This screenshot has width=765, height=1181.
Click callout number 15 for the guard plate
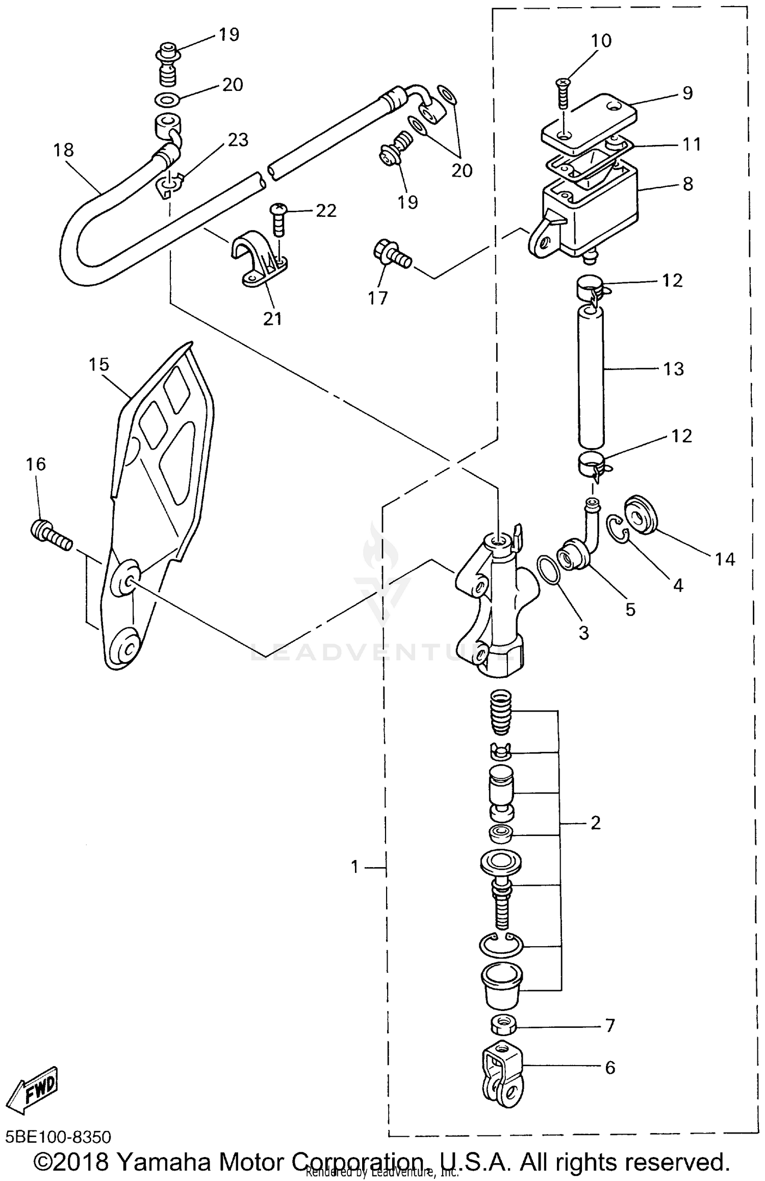(99, 364)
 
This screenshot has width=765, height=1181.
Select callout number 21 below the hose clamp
(272, 318)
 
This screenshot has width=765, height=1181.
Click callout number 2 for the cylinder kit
(595, 823)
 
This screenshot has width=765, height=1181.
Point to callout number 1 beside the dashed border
(355, 867)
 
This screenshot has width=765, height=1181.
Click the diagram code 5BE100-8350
(58, 1138)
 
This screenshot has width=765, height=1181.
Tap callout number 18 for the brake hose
(64, 150)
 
